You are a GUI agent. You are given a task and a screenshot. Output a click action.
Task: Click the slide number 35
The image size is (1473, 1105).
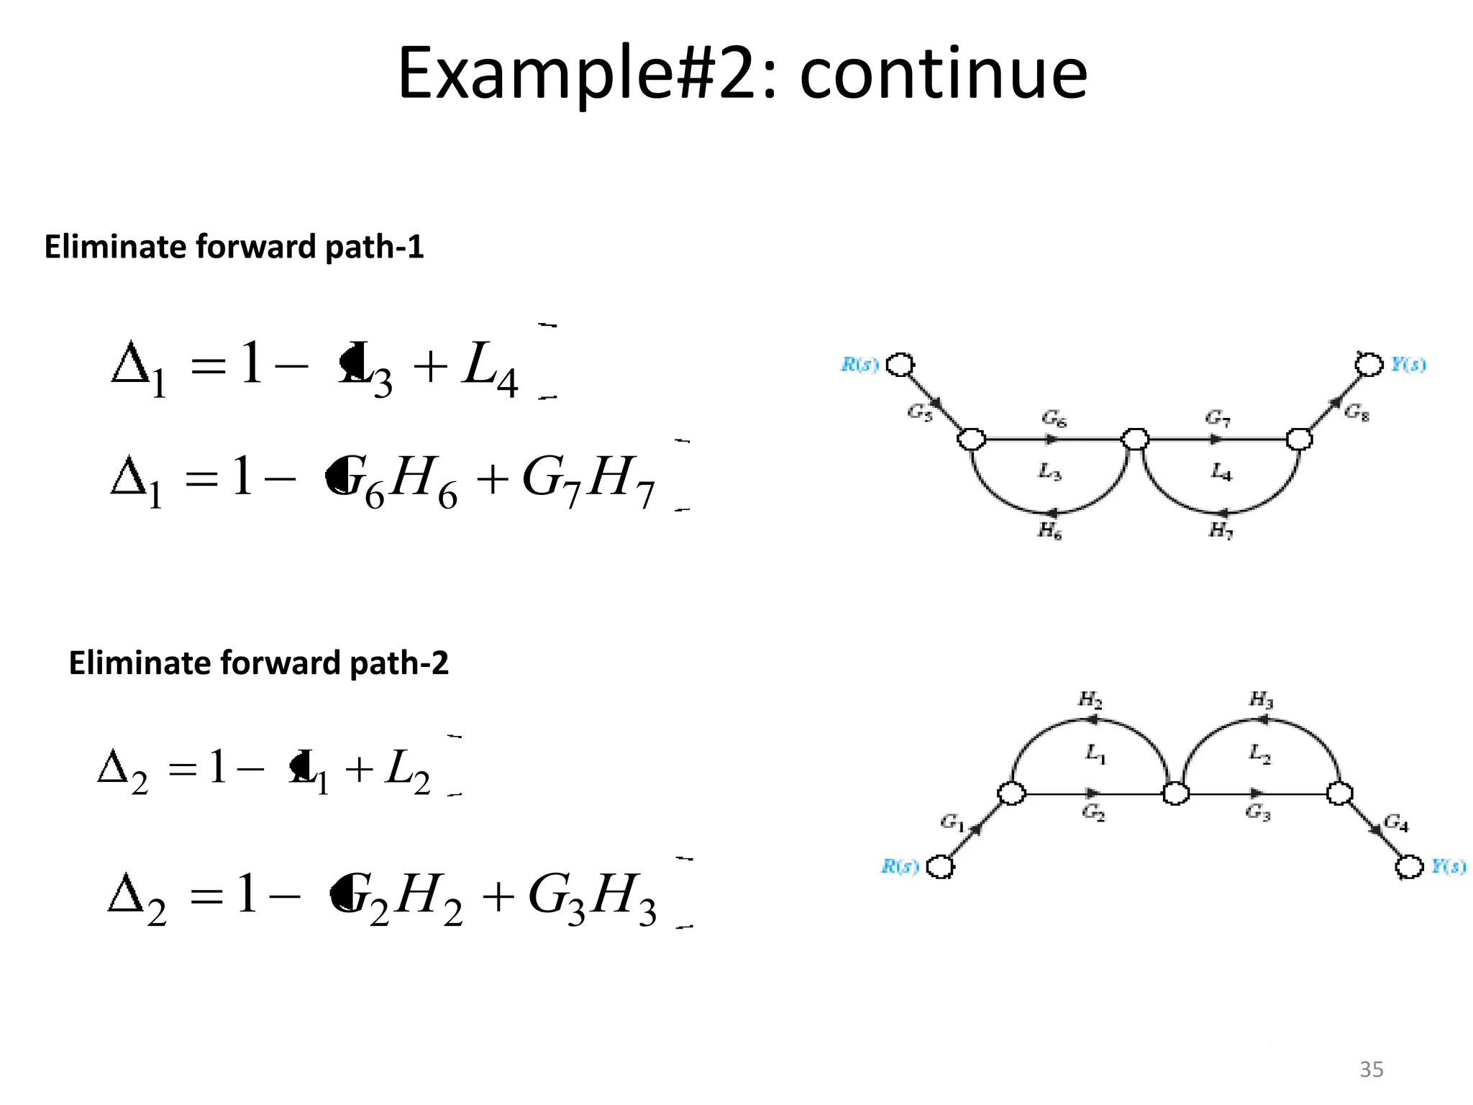point(1371,1069)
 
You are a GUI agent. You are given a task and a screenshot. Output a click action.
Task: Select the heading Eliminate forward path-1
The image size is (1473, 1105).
point(234,247)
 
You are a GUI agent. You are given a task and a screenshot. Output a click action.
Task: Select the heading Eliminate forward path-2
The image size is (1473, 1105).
point(258,663)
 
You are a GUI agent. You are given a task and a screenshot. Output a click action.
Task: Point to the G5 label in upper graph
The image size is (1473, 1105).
point(919,412)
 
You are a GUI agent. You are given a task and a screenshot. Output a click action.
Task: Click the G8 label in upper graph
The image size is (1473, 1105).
point(1356,411)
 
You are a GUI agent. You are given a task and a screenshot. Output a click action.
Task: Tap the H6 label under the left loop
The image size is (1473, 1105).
point(1049,531)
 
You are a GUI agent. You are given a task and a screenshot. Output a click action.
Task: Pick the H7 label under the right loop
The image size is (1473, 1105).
point(1221,531)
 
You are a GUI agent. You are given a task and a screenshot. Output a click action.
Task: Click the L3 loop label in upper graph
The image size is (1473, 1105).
point(1049,472)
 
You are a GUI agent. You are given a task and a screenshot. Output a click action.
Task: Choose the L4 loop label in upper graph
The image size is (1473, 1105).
point(1221,472)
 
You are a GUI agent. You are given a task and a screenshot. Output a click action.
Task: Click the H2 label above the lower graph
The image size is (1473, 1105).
point(1090,699)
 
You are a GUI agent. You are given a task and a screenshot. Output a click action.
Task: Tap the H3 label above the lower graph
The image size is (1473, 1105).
point(1261,699)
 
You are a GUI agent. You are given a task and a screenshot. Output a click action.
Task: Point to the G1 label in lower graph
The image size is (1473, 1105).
point(952,822)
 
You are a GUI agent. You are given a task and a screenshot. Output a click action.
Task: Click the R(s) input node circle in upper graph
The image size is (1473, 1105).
point(900,365)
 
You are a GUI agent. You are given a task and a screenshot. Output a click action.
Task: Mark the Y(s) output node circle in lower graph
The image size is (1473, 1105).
point(1410,866)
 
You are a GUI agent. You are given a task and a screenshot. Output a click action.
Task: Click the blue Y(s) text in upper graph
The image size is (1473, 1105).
point(1408,365)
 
